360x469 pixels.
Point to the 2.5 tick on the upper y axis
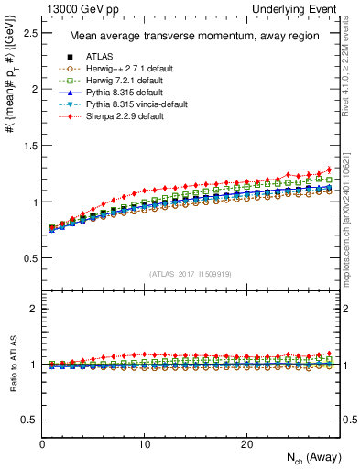pyautogui.click(x=29, y=33)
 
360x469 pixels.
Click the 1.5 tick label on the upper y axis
pyautogui.click(x=29, y=146)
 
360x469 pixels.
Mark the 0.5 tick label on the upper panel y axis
pyautogui.click(x=29, y=258)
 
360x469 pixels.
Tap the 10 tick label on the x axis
pyautogui.click(x=144, y=444)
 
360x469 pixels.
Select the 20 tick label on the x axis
pyautogui.click(x=245, y=444)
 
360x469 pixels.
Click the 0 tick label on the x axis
pyautogui.click(x=42, y=444)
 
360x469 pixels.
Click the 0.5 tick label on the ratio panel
pyautogui.click(x=29, y=420)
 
